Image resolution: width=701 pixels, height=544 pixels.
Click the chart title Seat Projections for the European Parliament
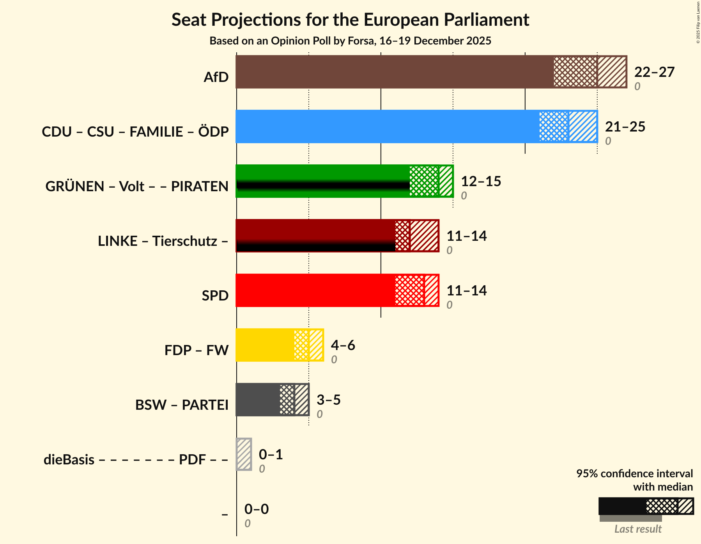coord(350,20)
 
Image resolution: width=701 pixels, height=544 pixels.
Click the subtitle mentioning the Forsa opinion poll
coord(350,41)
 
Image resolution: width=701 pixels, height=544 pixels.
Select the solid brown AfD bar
coord(394,72)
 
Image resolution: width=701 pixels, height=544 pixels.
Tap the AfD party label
coord(216,77)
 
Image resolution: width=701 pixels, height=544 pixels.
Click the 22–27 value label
coord(654,72)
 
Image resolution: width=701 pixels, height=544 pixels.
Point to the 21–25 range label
coord(625,127)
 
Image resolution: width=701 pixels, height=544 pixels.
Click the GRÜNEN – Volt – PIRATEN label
coord(137,187)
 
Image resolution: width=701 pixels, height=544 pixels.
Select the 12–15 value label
coord(481,181)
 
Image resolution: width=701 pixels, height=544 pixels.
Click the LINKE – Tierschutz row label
coord(163,241)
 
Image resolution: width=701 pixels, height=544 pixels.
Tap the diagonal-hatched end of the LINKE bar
coord(424,236)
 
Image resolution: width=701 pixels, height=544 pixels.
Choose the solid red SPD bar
coord(315,290)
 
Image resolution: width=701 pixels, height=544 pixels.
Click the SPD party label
coord(215,296)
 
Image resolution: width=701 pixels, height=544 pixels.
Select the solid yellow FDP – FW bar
coord(265,345)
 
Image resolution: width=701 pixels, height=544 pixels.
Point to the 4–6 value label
coord(343,345)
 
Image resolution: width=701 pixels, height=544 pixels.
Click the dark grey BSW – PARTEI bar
coord(257,400)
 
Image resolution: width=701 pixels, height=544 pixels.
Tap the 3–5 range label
coord(328,400)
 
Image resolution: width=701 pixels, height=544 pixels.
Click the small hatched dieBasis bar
coord(244,454)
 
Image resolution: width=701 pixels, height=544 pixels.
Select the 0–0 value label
coord(256,509)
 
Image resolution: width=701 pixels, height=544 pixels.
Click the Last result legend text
coord(638,529)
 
